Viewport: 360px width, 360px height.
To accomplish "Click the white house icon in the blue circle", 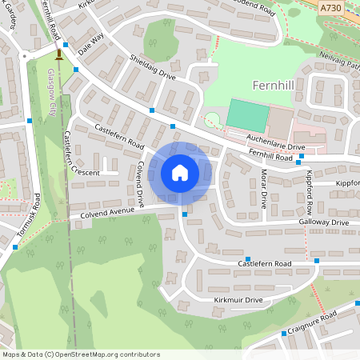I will click(x=180, y=172).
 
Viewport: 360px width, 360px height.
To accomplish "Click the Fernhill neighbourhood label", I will click(x=274, y=85).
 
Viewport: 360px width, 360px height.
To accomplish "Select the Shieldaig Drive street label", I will click(x=152, y=66).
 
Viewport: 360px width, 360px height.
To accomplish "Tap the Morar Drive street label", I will click(x=260, y=189).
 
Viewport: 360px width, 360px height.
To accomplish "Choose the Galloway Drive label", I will click(x=324, y=222).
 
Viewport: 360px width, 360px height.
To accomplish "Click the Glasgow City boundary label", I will click(x=53, y=92).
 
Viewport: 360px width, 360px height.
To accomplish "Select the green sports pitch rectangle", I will click(x=247, y=115).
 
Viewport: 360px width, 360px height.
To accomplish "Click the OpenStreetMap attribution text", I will click(x=81, y=354).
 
